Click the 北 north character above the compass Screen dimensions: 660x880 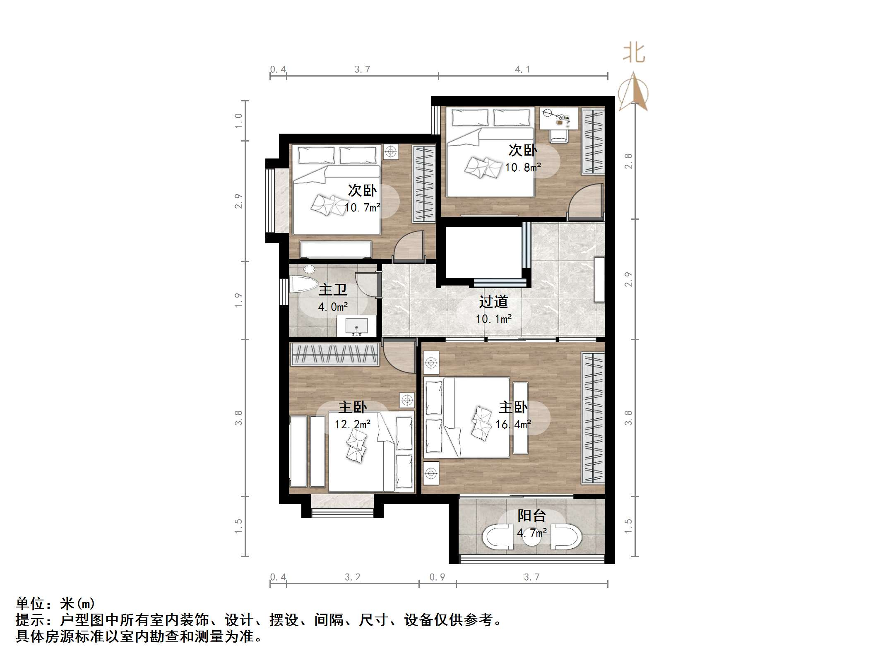point(634,54)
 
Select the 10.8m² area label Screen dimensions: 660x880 point(522,168)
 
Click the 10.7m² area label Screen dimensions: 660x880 point(362,207)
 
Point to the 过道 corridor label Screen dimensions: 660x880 point(493,302)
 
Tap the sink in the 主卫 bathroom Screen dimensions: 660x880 point(356,326)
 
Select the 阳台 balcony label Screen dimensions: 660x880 point(531,516)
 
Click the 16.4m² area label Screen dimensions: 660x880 point(513,425)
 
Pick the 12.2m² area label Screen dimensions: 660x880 point(352,425)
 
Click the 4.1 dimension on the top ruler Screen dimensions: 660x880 point(522,70)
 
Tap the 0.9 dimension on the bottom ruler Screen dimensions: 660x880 point(437,577)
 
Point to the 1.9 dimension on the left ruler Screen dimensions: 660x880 point(238,300)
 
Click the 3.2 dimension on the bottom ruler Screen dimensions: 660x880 point(352,577)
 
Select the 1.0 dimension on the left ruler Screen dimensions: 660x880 point(238,120)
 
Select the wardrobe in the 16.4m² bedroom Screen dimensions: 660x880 point(593,418)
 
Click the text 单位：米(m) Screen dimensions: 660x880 point(55,604)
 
